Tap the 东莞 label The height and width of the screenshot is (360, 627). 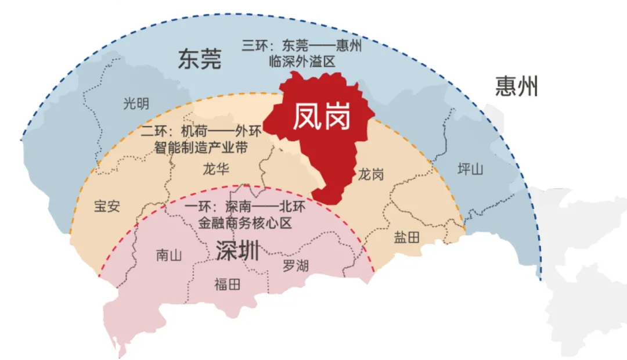200,59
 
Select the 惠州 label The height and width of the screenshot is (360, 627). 517,87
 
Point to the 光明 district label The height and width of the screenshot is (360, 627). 136,104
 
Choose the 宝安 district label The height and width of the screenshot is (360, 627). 107,206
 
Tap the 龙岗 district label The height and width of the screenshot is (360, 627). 370,174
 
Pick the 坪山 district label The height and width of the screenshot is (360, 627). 470,169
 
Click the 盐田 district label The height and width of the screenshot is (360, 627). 406,236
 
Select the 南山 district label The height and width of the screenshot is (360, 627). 170,255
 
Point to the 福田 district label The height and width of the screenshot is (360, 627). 227,285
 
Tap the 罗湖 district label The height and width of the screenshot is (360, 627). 296,265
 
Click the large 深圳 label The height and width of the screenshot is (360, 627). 237,250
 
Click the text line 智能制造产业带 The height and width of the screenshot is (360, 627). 201,147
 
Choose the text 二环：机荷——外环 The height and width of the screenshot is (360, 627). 201,132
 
